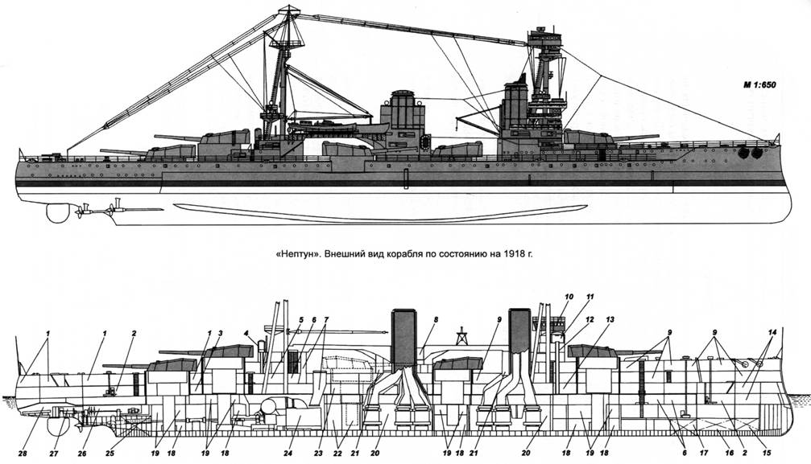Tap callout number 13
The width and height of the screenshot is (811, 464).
610,318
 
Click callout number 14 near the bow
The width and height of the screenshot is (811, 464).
772,331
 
